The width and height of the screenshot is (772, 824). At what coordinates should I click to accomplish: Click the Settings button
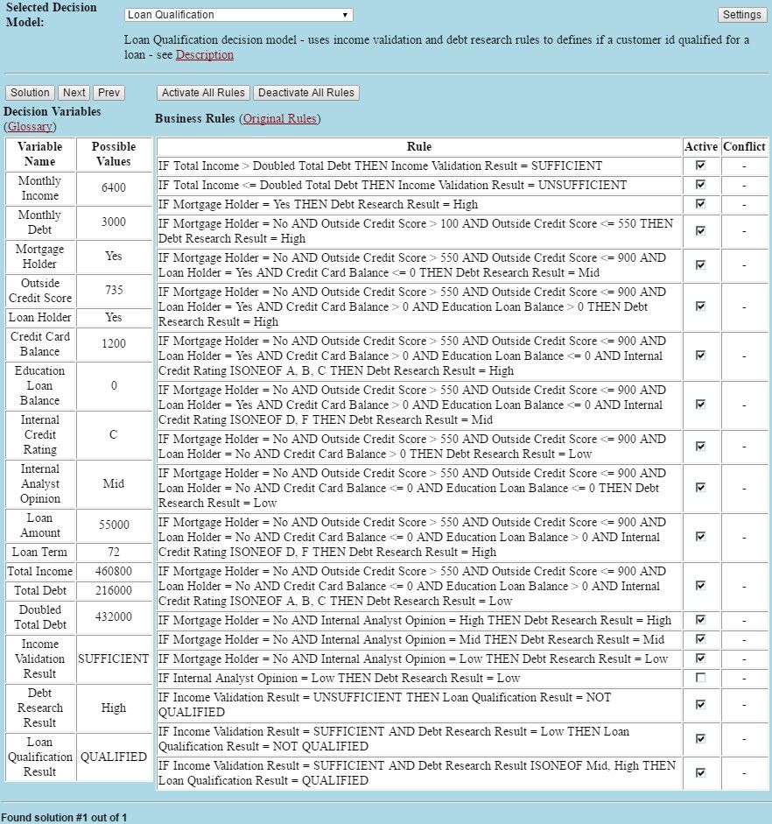pyautogui.click(x=741, y=15)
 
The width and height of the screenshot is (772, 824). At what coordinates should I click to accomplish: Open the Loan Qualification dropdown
pyautogui.click(x=238, y=15)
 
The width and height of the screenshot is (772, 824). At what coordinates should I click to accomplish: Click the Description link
pyautogui.click(x=205, y=54)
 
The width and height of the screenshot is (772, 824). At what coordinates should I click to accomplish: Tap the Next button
pyautogui.click(x=74, y=93)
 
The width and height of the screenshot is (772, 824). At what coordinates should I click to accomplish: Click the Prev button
pyautogui.click(x=109, y=93)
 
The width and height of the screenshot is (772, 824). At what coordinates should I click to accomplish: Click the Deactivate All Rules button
pyautogui.click(x=306, y=93)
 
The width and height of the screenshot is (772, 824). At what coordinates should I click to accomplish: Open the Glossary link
pyautogui.click(x=30, y=126)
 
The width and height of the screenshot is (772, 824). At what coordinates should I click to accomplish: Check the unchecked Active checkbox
pyautogui.click(x=700, y=678)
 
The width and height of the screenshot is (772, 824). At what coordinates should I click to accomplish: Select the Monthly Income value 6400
pyautogui.click(x=114, y=187)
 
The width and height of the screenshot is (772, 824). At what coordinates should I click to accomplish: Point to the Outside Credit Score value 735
pyautogui.click(x=114, y=290)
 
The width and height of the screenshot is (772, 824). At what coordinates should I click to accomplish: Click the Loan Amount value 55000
pyautogui.click(x=114, y=525)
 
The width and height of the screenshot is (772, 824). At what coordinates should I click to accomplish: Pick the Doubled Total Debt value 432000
pyautogui.click(x=114, y=616)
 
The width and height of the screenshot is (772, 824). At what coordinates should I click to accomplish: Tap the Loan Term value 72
pyautogui.click(x=114, y=552)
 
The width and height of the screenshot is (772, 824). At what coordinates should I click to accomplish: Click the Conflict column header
pyautogui.click(x=744, y=146)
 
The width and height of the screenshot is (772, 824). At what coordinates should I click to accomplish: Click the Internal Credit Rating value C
pyautogui.click(x=114, y=434)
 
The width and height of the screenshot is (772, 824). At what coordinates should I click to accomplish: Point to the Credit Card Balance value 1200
pyautogui.click(x=114, y=343)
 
